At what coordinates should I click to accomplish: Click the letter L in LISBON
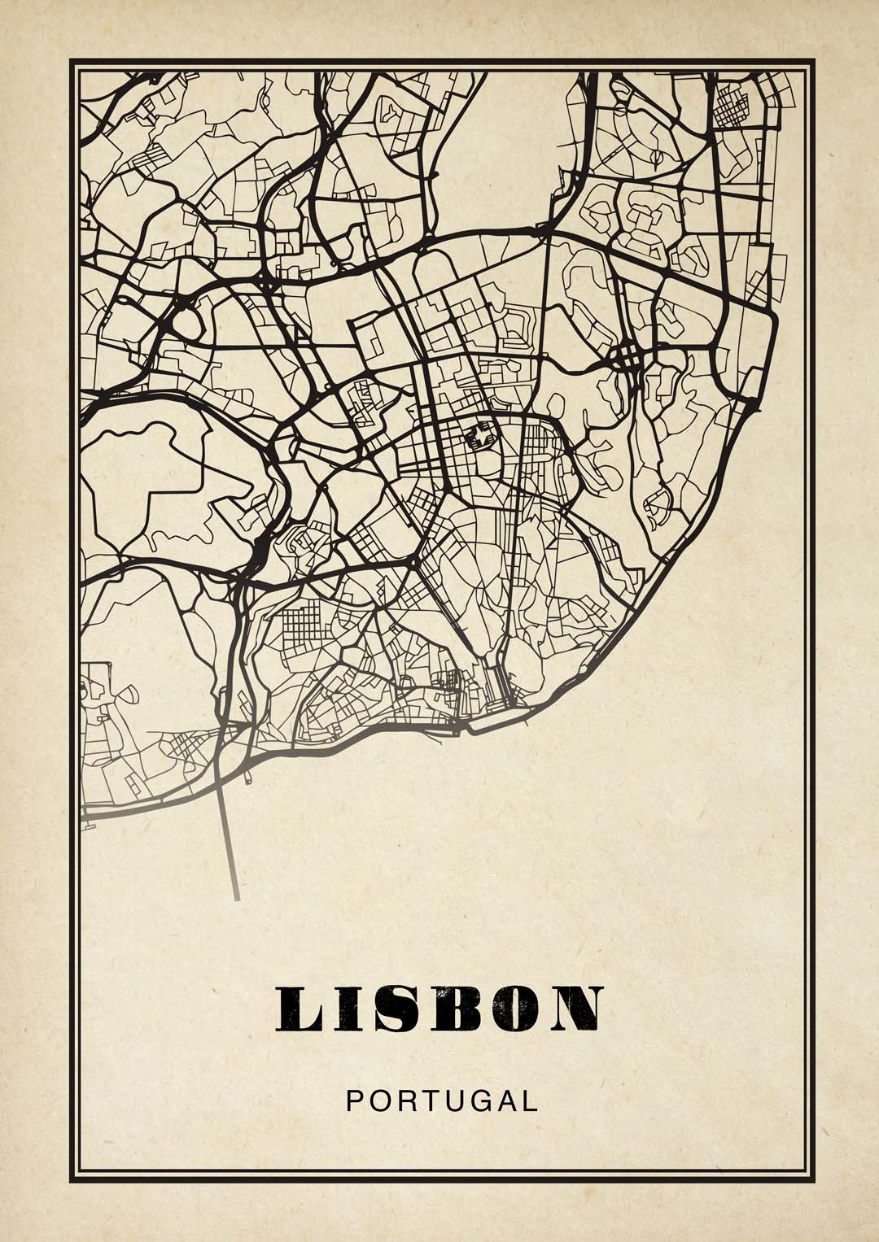point(296,1009)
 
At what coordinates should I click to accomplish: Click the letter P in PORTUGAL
point(353,1101)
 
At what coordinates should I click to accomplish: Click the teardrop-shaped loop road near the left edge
point(125,695)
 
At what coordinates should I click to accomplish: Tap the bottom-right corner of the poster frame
point(812,1181)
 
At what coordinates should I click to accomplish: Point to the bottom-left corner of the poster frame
point(72,1181)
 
